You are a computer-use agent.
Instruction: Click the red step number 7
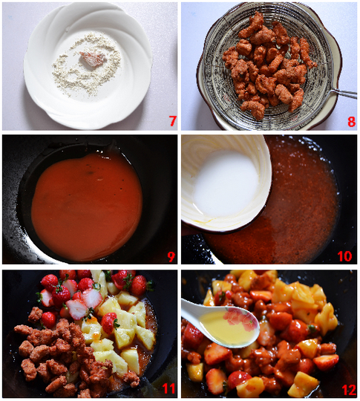point(173,121)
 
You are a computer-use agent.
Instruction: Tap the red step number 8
point(352,122)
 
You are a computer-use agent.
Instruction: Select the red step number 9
point(171,256)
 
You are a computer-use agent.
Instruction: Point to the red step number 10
point(344,256)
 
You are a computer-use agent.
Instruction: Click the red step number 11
point(168,388)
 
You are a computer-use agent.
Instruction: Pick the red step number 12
point(349,390)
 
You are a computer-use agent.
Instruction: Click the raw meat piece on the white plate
point(92,59)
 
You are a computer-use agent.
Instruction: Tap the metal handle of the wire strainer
point(343,93)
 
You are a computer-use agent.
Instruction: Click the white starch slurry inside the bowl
point(226,183)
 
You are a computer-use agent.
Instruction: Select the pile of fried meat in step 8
point(269,66)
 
